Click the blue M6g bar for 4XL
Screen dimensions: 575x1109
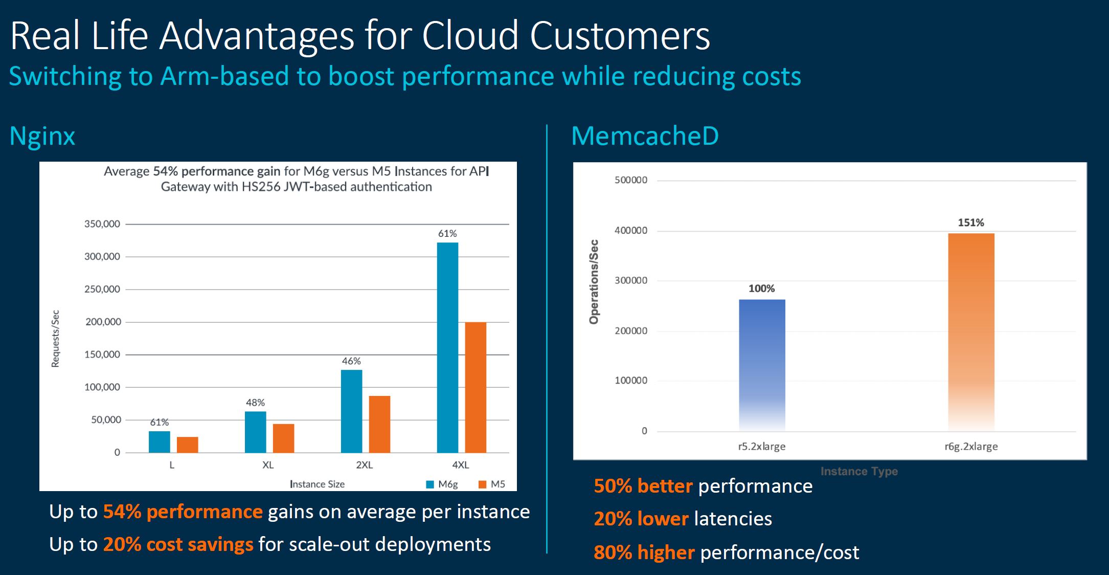447,347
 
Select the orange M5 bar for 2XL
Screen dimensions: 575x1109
379,424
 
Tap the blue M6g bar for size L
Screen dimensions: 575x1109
159,442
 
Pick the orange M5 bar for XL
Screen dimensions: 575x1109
283,438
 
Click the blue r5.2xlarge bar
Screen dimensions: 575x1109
762,365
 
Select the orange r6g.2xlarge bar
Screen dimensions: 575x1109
971,332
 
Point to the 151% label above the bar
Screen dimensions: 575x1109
971,223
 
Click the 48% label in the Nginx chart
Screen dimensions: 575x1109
255,403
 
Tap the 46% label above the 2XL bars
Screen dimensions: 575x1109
351,361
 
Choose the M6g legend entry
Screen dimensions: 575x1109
443,484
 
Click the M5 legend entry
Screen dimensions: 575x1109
492,484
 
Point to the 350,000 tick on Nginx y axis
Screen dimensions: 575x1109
102,224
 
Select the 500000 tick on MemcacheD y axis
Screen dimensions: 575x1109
631,180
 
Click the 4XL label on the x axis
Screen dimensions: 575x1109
460,465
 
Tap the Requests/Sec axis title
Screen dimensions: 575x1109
56,339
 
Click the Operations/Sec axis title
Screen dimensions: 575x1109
594,282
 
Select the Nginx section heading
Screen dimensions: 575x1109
42,137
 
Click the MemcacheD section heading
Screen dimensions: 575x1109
645,136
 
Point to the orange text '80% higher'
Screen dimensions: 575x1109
644,552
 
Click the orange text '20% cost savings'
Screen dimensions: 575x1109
178,544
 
